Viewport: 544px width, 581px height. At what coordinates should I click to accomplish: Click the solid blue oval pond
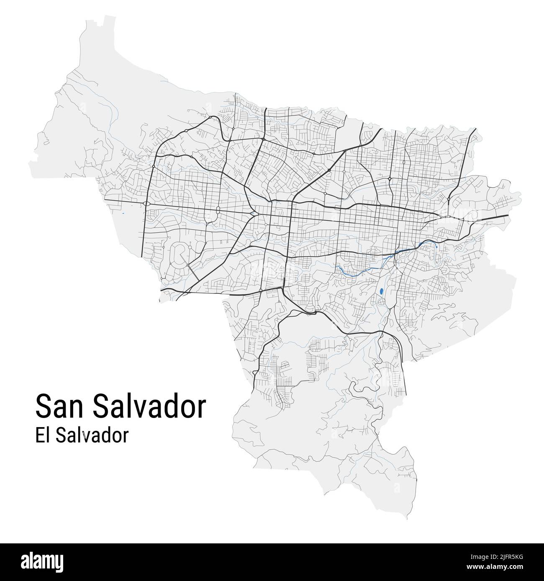click(x=381, y=291)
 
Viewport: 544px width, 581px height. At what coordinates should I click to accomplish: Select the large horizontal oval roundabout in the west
click(x=146, y=204)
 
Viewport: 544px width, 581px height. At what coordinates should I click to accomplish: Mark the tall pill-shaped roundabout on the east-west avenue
click(x=218, y=209)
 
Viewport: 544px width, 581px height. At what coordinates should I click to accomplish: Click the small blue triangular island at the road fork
click(x=254, y=214)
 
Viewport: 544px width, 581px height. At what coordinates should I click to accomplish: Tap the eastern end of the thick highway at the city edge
click(x=507, y=216)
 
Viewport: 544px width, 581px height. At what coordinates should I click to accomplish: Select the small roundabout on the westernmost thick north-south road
click(x=154, y=166)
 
